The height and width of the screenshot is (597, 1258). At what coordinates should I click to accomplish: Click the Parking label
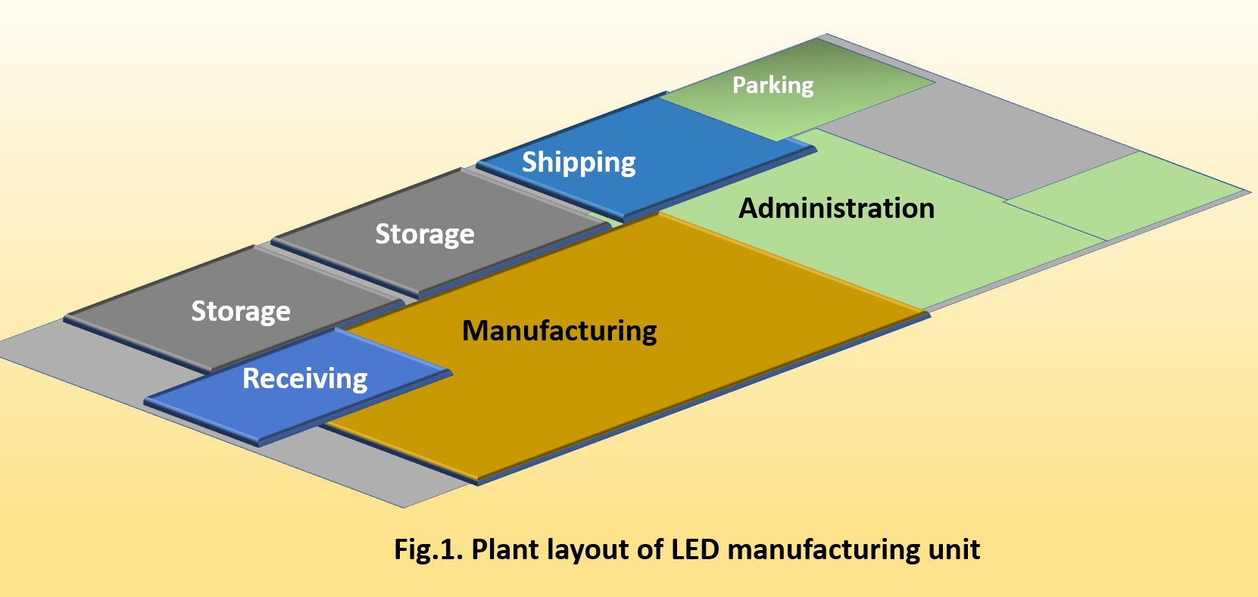point(773,86)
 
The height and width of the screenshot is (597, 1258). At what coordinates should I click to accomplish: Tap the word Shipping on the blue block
point(579,163)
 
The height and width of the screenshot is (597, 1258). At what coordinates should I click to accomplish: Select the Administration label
point(836,208)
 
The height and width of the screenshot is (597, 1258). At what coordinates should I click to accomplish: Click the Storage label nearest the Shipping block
point(425,235)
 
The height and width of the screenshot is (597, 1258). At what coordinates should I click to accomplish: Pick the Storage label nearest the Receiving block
point(241,311)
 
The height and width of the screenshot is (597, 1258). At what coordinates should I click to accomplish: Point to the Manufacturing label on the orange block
point(560,331)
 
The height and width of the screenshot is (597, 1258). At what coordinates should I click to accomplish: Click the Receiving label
point(304,378)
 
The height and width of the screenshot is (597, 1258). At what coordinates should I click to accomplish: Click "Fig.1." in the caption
point(428,549)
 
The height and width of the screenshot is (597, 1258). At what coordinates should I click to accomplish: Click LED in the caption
point(695,549)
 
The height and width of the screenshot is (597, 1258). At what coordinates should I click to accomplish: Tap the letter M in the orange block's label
point(474,331)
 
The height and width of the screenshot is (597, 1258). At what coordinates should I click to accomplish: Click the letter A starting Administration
point(749,208)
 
